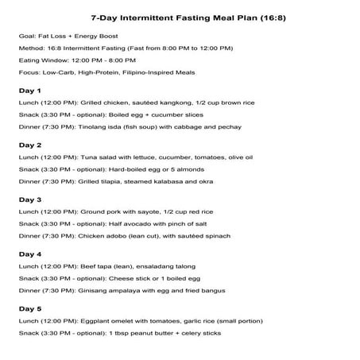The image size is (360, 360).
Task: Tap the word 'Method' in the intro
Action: [x=30, y=48]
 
